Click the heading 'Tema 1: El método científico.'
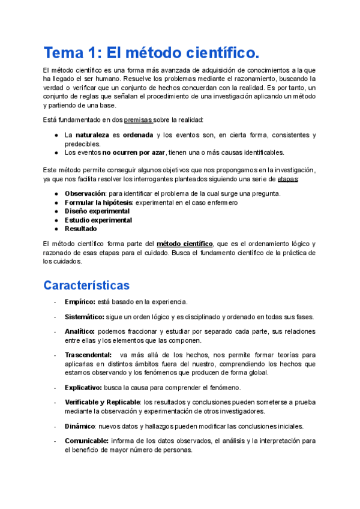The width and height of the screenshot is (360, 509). (152, 53)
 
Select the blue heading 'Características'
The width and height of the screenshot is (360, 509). (86, 284)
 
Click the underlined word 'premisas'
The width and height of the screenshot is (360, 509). (137, 119)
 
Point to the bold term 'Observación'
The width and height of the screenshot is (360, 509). (85, 194)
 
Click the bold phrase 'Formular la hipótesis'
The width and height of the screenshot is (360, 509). (99, 203)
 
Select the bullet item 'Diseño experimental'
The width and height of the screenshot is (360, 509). (97, 211)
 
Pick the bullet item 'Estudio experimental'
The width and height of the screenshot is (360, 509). (98, 220)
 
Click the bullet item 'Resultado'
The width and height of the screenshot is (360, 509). (80, 229)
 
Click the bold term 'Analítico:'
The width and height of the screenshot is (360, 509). (80, 331)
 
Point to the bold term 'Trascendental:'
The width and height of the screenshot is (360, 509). (88, 355)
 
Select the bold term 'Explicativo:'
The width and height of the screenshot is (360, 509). (83, 387)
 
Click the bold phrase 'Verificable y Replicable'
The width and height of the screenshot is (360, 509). (102, 402)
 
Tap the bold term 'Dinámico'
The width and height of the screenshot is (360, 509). (80, 426)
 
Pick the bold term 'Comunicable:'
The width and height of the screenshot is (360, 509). (86, 440)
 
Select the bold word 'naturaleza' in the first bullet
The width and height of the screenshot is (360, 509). (93, 135)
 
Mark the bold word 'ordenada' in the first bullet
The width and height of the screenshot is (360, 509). (138, 135)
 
